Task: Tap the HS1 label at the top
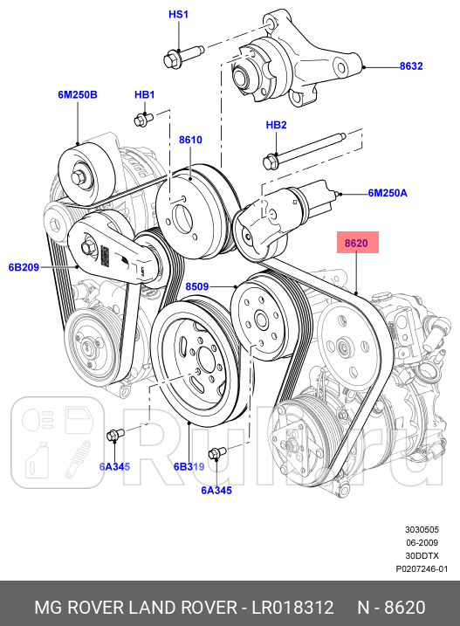point(179,16)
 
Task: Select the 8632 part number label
point(411,66)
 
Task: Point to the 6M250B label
point(78,94)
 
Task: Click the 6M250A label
point(387,193)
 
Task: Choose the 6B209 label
point(24,267)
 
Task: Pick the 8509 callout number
point(197,285)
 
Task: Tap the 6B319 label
point(189,467)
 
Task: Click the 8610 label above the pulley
point(190,140)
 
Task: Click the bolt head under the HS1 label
point(171,59)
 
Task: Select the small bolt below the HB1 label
point(142,118)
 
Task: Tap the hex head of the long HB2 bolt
point(271,161)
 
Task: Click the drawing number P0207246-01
point(422,568)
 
